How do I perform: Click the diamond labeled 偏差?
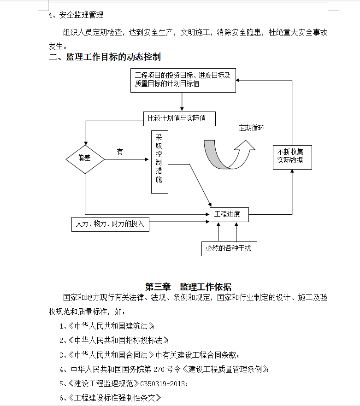coord(85,159)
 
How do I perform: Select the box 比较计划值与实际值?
coord(179,119)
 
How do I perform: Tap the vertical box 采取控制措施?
coord(159,162)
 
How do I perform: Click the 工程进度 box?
coord(229,215)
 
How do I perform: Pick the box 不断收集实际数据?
coord(292,158)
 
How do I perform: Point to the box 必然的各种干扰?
coord(229,249)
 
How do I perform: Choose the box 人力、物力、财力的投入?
coord(110,224)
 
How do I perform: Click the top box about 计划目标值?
coord(183,80)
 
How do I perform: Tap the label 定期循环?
coord(251,128)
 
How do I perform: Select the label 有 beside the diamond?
coord(120,152)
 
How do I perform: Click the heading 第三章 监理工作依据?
coord(188,287)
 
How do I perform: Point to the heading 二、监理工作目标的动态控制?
coord(105,57)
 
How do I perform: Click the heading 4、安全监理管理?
coord(76,15)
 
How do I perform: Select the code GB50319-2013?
coord(162,383)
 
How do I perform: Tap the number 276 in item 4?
coord(159,369)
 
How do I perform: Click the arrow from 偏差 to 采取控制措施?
coord(126,159)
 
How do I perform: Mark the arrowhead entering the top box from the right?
coord(237,80)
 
